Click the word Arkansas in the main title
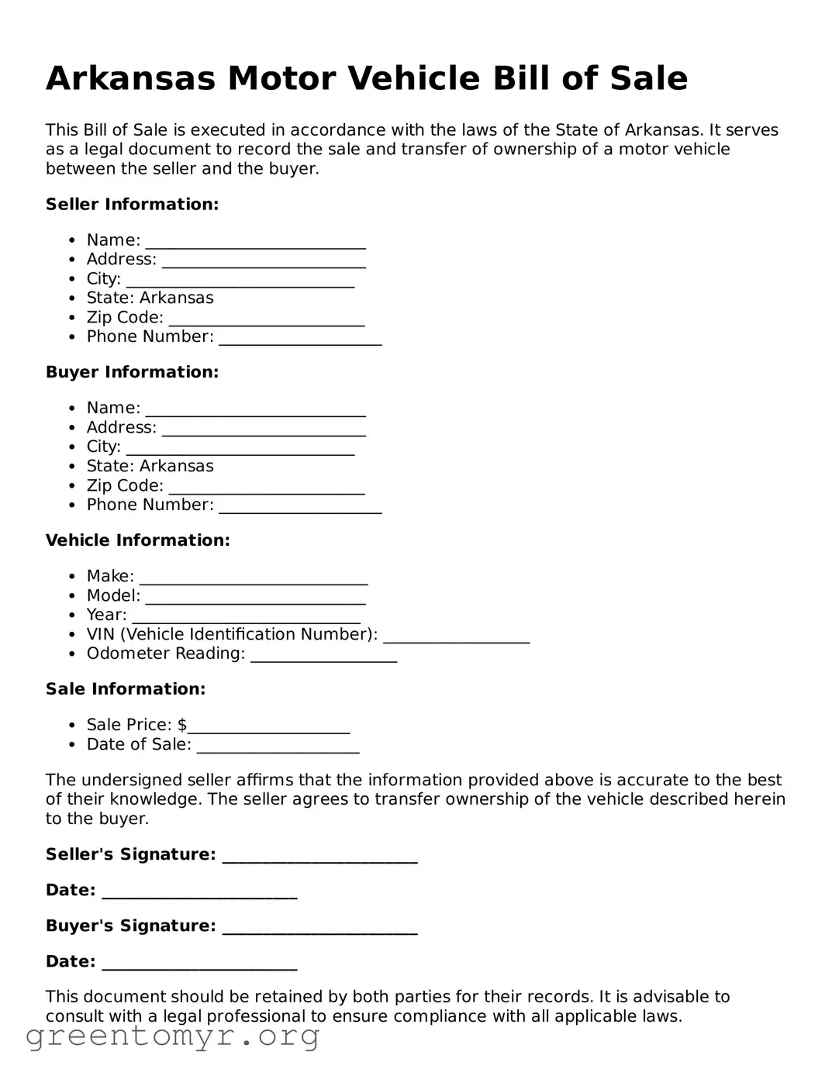(129, 79)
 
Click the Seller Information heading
(132, 205)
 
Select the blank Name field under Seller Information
(255, 242)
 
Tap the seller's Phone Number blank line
(300, 339)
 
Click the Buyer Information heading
(132, 372)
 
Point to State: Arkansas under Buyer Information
(150, 466)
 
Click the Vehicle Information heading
(137, 540)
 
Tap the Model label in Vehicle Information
(113, 595)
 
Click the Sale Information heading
(126, 689)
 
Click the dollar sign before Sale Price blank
(182, 725)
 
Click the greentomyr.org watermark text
(172, 1036)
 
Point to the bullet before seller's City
(71, 279)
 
